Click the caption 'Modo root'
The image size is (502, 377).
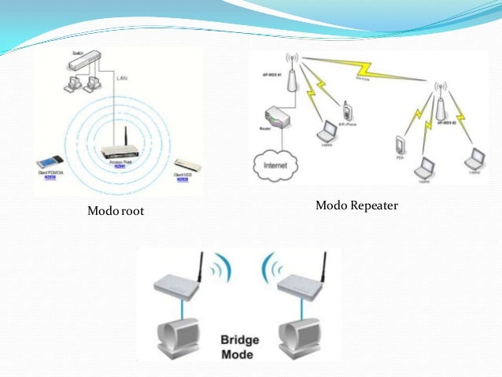[x=116, y=211]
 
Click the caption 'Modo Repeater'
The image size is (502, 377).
[x=357, y=206]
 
